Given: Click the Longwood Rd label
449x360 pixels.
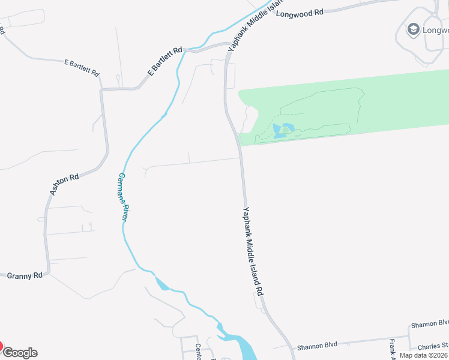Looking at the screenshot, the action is [300, 12].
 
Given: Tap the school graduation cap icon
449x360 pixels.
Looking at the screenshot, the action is [413, 29].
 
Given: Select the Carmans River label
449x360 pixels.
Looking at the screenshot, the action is [122, 197].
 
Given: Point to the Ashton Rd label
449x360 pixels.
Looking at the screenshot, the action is [64, 185].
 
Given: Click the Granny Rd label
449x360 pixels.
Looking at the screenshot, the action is [25, 275].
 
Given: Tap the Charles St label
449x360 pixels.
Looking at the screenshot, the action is [433, 346].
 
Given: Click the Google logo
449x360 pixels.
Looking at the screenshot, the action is [20, 353].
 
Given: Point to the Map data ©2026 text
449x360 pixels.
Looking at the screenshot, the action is [424, 355].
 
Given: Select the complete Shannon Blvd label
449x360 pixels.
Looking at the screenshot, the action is [317, 345].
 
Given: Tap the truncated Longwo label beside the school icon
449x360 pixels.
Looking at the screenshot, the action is [435, 29].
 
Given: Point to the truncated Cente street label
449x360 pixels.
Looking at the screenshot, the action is [199, 351].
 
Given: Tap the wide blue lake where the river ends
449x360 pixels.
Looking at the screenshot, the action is [243, 346].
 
